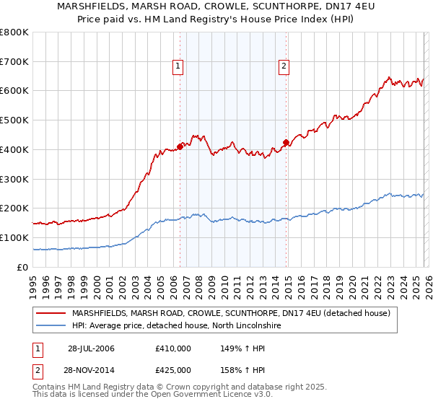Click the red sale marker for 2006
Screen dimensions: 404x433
pos(180,146)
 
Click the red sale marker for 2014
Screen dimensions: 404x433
pos(287,142)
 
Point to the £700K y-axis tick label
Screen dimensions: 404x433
pos(14,62)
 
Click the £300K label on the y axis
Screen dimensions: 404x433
pos(14,179)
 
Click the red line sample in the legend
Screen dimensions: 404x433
pos(51,313)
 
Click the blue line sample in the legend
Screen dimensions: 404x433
pos(51,326)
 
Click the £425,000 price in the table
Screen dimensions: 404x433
pos(173,370)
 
